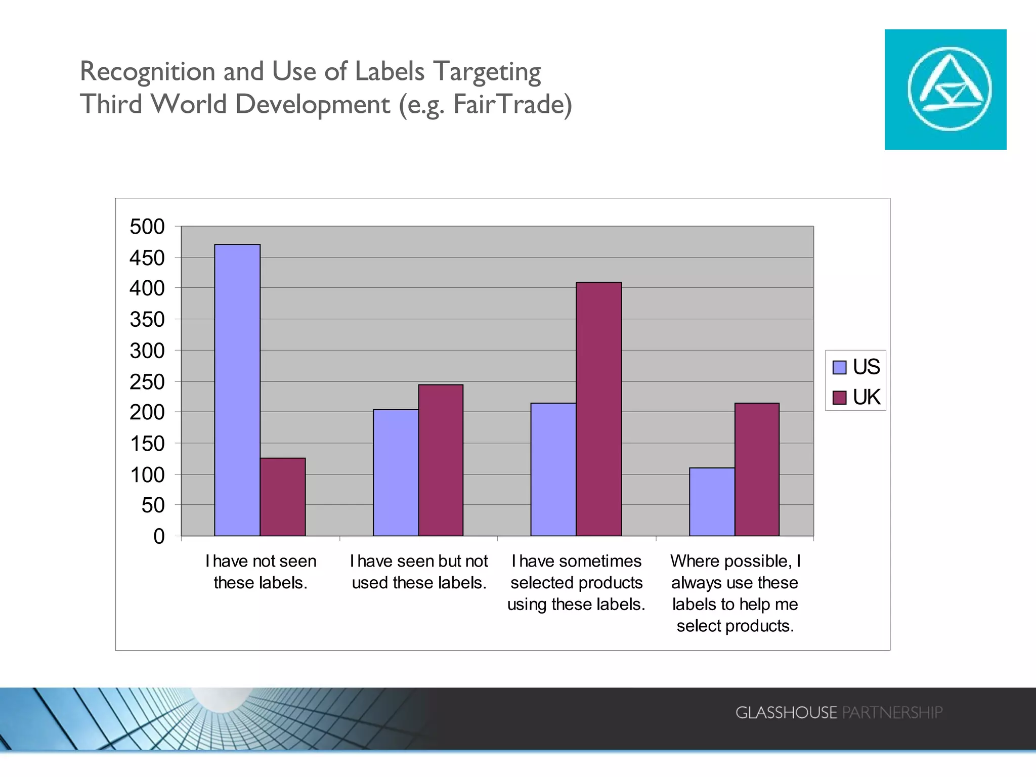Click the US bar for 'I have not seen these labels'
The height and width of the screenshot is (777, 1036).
click(237, 390)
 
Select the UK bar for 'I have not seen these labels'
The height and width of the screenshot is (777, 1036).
click(283, 497)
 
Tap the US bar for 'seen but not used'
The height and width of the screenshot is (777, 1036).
click(396, 472)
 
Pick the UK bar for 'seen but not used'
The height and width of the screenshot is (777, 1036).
click(441, 460)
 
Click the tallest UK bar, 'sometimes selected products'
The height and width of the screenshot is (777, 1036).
click(598, 409)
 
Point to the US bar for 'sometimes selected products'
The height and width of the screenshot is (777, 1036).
click(553, 469)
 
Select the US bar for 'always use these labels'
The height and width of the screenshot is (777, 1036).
click(712, 501)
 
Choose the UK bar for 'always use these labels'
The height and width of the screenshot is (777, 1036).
click(757, 469)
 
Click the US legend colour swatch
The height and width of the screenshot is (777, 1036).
click(839, 367)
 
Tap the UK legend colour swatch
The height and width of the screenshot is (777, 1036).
click(839, 398)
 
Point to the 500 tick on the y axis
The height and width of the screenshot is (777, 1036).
click(147, 227)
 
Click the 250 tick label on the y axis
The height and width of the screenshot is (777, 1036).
click(147, 382)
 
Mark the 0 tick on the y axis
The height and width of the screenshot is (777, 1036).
click(159, 536)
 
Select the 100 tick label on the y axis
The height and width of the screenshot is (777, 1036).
click(147, 474)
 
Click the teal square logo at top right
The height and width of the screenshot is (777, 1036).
click(945, 90)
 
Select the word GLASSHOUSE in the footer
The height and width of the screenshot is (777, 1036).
click(786, 712)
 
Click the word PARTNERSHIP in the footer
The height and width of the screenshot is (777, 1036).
click(892, 712)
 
